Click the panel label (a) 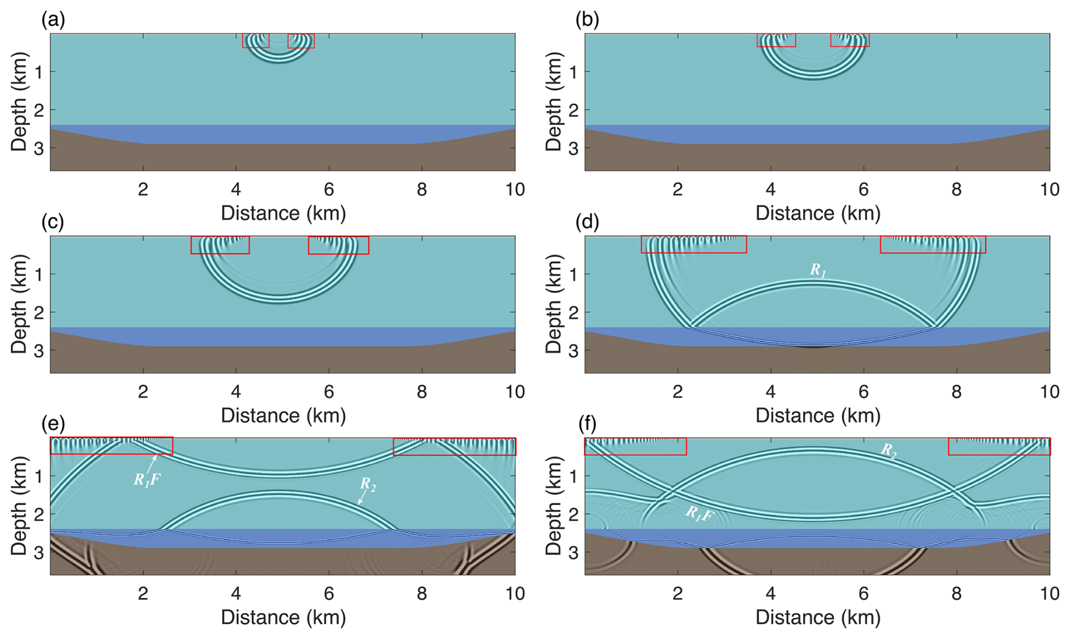point(53,20)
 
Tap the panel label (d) point(588,222)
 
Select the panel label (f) point(588,424)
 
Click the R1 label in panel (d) point(817,270)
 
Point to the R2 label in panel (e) point(368,484)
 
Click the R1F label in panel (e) point(146,480)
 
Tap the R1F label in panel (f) point(699,514)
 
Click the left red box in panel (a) point(256,41)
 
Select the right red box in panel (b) point(849,40)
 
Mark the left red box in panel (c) point(220,245)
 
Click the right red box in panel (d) point(933,244)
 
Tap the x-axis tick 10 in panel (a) point(514,189)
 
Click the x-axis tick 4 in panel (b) point(770,189)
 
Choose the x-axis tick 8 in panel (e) point(421,594)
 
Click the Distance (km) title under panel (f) point(818,618)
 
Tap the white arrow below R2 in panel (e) point(361,497)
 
